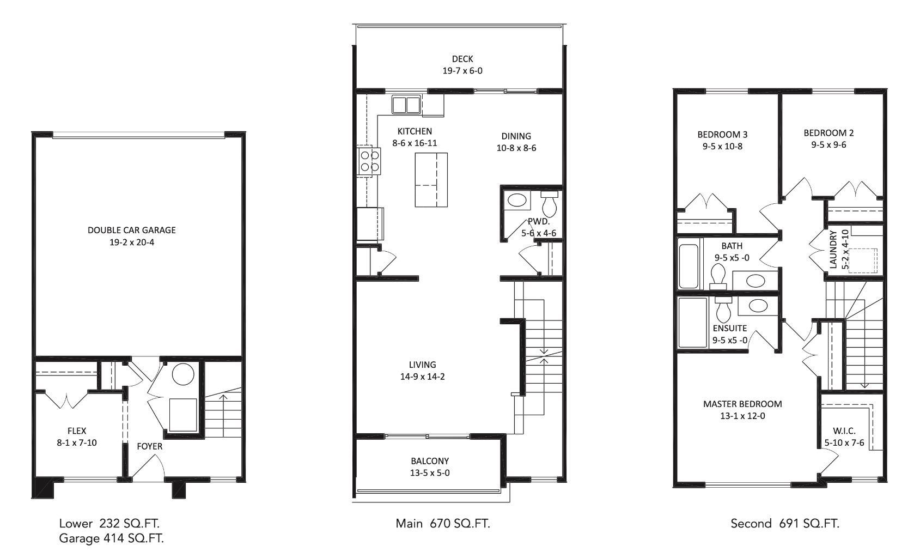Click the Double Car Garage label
coord(131,230)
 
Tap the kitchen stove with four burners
coord(369,161)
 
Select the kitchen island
coord(431,180)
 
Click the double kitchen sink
coord(406,105)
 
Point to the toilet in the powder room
coord(549,203)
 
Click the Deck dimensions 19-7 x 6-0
coord(462,71)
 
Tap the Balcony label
coord(430,460)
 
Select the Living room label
coord(422,365)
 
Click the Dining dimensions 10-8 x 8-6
coord(516,148)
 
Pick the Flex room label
coord(77,430)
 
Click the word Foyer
coord(149,446)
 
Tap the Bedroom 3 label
coord(722,135)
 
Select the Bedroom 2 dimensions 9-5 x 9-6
coord(828,144)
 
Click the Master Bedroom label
coord(742,404)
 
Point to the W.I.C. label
coord(844,431)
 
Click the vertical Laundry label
coord(833,250)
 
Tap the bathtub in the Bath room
coord(689,266)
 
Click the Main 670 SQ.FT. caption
coord(443,523)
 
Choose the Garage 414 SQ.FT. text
coord(111,538)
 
